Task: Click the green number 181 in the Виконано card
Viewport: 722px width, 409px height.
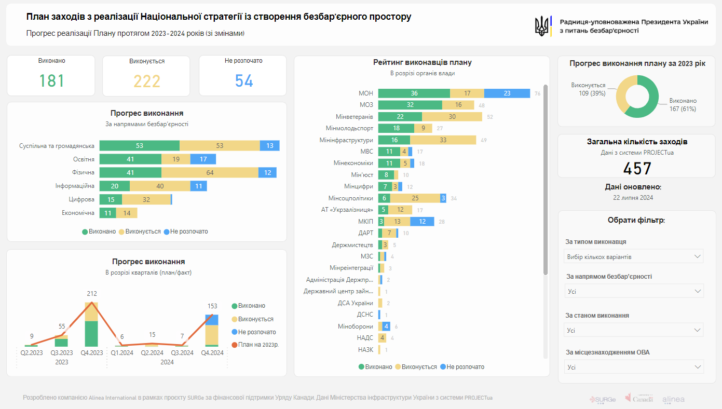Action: [x=52, y=81]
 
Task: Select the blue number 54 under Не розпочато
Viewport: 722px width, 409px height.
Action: [x=244, y=81]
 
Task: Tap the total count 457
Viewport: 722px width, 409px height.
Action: [x=637, y=169]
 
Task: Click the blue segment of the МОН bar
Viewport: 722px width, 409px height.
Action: [x=507, y=93]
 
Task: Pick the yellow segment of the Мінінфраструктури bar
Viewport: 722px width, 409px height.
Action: [x=443, y=140]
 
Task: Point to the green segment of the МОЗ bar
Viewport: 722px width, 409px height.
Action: [x=410, y=105]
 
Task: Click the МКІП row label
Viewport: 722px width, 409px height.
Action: [x=366, y=222]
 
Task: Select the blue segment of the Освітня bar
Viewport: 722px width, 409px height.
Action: [x=203, y=159]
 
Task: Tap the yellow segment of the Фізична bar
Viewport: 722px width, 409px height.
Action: [x=210, y=173]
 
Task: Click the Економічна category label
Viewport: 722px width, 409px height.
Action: [x=78, y=213]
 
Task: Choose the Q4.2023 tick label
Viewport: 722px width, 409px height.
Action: [x=91, y=353]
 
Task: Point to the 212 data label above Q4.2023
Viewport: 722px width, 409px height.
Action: [x=91, y=294]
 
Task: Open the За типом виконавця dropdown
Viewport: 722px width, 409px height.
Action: [x=633, y=256]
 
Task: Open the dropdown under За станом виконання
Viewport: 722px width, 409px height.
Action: [x=633, y=330]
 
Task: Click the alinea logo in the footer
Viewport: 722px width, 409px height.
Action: [x=673, y=399]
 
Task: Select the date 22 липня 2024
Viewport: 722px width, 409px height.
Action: [x=633, y=198]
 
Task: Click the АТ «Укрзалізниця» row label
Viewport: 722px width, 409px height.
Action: [x=347, y=210]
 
